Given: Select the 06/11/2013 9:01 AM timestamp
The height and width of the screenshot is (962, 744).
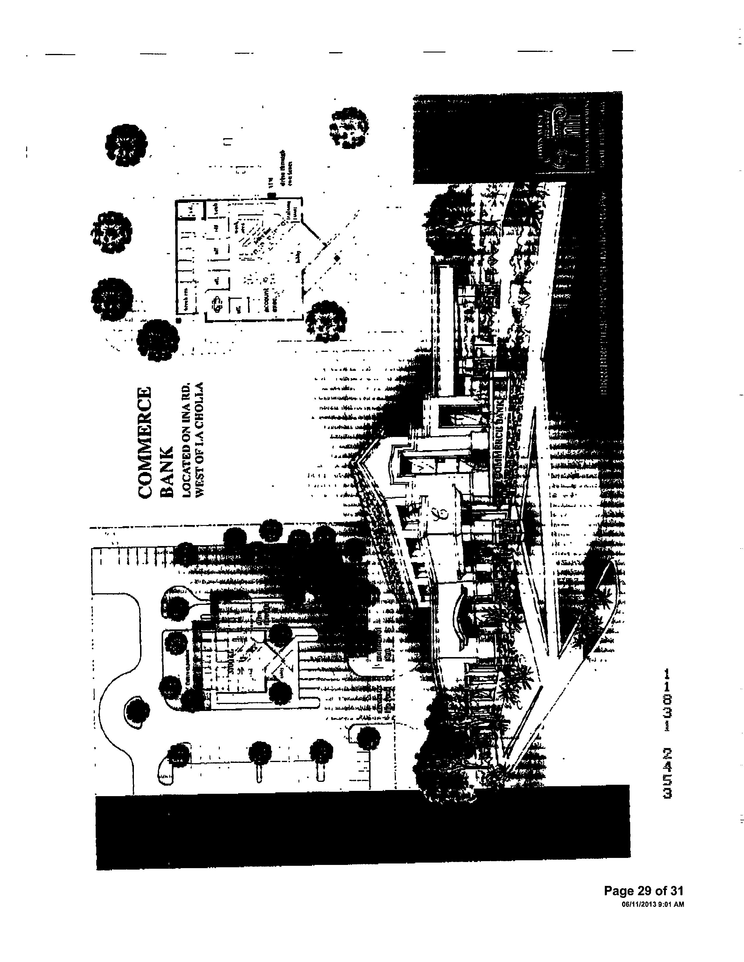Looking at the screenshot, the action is pos(652,904).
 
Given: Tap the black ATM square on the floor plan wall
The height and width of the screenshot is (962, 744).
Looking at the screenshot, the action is pos(272,195).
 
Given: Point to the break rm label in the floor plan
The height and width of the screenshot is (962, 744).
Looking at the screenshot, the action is pos(186,301).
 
